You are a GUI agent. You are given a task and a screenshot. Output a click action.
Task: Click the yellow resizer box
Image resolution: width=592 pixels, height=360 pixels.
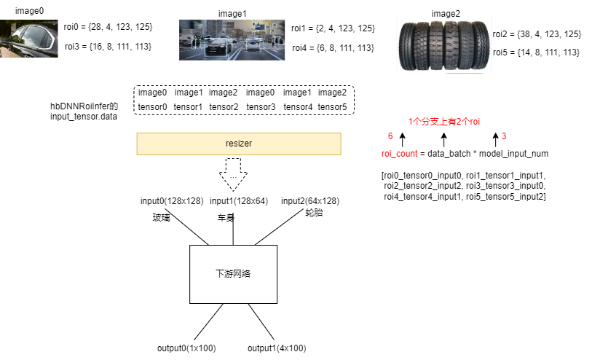coord(238,144)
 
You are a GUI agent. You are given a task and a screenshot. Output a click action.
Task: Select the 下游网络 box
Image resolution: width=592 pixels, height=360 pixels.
coord(233,274)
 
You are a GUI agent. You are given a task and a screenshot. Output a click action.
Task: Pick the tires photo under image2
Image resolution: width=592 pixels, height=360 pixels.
coord(443,46)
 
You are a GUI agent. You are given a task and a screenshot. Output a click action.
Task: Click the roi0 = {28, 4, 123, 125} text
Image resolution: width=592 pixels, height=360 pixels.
coord(108,27)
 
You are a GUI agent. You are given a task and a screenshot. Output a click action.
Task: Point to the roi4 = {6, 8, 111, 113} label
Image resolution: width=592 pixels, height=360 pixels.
coord(333,47)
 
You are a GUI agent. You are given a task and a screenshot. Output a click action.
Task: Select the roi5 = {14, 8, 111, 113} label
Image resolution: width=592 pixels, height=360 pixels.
coord(536,52)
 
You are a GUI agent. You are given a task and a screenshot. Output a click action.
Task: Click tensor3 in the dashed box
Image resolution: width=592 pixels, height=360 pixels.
coord(261,107)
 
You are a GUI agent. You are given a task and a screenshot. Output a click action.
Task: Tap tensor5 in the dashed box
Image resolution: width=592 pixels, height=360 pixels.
coord(333,107)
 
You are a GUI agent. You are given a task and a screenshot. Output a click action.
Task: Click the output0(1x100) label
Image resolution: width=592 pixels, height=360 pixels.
coord(186,348)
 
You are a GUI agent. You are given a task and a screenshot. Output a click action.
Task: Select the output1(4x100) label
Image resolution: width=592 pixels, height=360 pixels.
coord(276,348)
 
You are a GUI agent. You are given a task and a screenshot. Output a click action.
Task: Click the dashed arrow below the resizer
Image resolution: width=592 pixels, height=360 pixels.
coord(233,178)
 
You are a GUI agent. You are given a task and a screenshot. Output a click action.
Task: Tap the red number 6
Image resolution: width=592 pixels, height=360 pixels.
coord(390,136)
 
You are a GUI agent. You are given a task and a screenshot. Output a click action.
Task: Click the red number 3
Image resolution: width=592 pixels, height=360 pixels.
coord(504,136)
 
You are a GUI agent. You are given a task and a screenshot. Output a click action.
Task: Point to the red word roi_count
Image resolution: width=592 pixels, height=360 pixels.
coord(399,154)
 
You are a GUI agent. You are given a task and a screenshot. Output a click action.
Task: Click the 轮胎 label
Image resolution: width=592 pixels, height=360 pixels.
coord(314,214)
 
